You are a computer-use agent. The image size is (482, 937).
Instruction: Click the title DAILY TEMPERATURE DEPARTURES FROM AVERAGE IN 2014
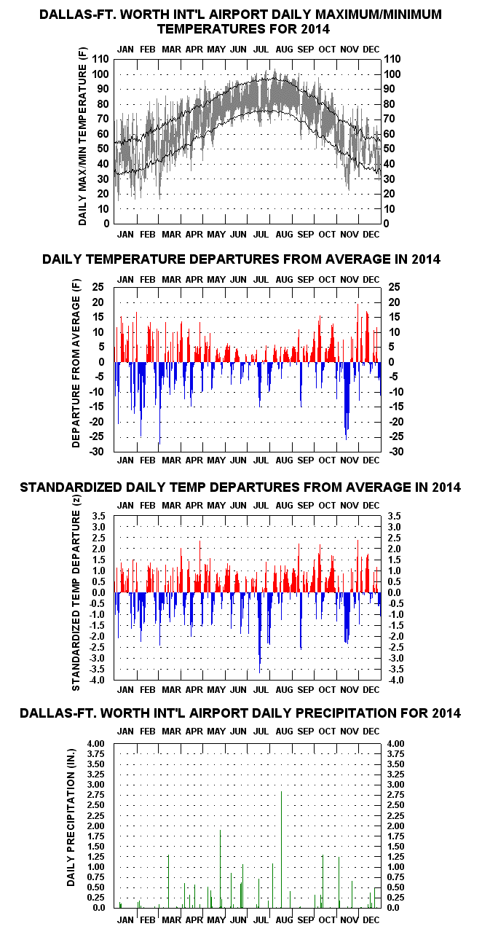[241, 259]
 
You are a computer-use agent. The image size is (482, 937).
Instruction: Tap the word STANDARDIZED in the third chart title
[71, 487]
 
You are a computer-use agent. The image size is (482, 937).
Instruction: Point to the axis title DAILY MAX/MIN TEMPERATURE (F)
[82, 136]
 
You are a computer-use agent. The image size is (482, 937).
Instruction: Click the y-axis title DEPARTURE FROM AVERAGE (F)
[76, 363]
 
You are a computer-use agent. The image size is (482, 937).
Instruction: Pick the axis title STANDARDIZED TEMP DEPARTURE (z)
[76, 592]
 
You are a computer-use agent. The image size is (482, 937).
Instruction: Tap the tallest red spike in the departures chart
[357, 333]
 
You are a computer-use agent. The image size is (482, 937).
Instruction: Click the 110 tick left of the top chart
[100, 60]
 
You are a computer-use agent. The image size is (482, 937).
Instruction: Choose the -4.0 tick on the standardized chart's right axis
[396, 680]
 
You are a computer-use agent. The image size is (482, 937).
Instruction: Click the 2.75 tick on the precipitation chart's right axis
[395, 795]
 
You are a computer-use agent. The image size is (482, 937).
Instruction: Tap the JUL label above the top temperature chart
[261, 50]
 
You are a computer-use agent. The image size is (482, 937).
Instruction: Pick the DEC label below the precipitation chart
[371, 920]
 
